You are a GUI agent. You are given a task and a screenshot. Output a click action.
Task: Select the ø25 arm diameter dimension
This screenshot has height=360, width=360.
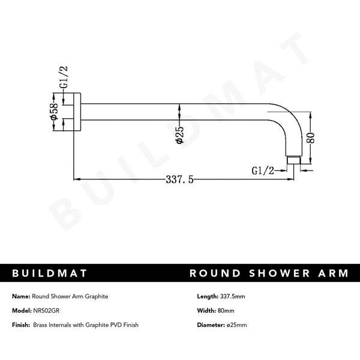[x=179, y=134]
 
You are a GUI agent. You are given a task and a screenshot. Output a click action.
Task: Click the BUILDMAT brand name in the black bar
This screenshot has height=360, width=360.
[x=50, y=273]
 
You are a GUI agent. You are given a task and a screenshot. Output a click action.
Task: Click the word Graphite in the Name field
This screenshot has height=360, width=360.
[x=96, y=296]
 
